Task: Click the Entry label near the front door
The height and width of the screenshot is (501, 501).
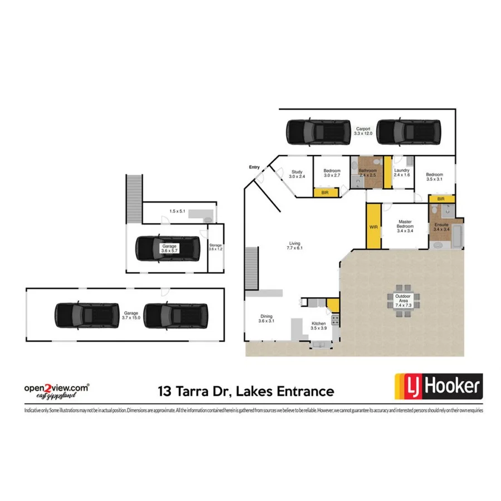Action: pyautogui.click(x=254, y=167)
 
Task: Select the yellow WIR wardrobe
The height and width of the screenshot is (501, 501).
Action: pyautogui.click(x=373, y=227)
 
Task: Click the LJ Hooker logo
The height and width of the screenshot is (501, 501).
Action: pyautogui.click(x=438, y=386)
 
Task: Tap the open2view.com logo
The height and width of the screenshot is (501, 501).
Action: pyautogui.click(x=56, y=389)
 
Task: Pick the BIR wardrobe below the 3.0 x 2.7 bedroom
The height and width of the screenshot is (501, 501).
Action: pyautogui.click(x=325, y=193)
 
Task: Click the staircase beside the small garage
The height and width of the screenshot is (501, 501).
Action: pyautogui.click(x=134, y=198)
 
